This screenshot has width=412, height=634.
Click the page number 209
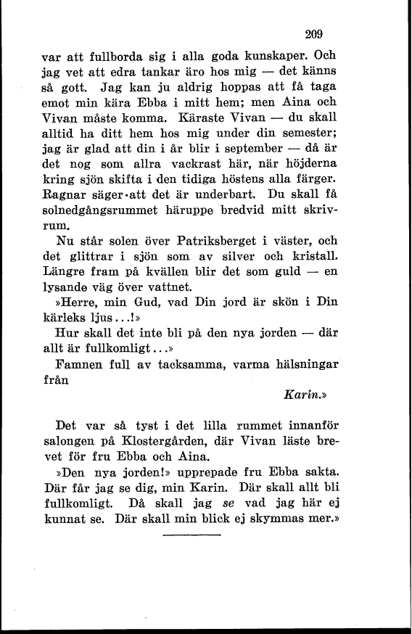click(313, 33)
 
